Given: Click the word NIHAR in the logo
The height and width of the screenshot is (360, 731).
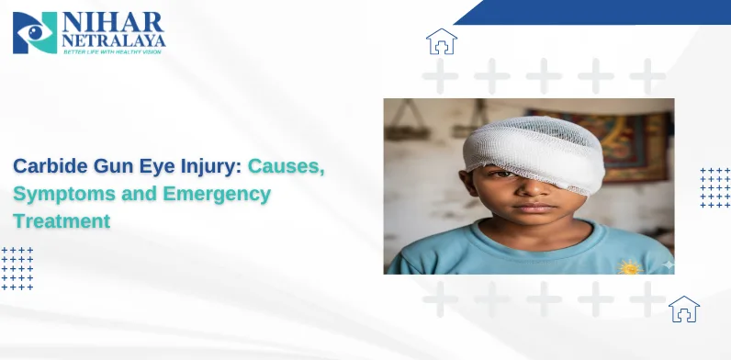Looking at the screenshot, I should [111, 22].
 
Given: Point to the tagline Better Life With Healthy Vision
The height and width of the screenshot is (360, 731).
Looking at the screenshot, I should [112, 52].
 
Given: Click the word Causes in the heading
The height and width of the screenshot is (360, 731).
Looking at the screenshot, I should [287, 168].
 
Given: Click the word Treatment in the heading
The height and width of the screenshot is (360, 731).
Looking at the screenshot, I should [61, 221].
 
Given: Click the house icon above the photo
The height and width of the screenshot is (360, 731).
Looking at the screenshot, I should [442, 42].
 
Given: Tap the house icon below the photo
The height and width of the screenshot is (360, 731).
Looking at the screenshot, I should [684, 309].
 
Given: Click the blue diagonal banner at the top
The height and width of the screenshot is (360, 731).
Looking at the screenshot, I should [597, 12].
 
